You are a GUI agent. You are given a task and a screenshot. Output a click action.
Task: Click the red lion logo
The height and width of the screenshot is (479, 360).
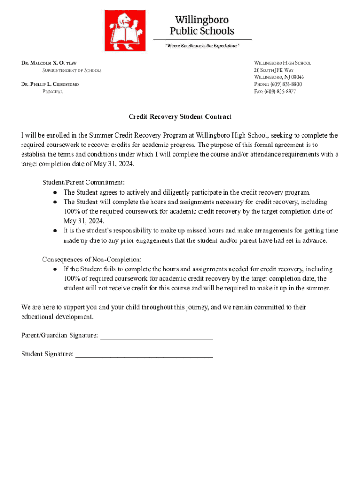tap(124, 31)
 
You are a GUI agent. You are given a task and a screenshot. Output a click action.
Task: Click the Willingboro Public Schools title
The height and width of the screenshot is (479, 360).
tap(202, 25)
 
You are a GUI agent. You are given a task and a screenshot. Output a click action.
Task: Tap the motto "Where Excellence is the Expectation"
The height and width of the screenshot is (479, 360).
tap(202, 45)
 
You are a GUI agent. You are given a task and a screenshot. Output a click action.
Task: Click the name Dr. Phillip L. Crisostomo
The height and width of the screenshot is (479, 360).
tap(50, 84)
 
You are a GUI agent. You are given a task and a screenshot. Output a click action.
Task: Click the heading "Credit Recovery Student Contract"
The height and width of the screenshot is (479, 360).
tap(180, 116)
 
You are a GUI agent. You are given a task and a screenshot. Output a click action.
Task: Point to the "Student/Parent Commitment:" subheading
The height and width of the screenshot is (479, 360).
tap(83, 182)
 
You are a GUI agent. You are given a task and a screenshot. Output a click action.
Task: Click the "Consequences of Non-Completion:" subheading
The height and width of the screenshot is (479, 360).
tap(92, 259)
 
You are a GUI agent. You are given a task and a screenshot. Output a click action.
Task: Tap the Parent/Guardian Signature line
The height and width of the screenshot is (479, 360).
tap(157, 335)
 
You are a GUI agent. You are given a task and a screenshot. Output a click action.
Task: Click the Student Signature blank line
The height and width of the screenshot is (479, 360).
tap(144, 354)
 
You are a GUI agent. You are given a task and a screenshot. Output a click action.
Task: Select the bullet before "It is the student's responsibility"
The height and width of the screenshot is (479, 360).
tap(55, 231)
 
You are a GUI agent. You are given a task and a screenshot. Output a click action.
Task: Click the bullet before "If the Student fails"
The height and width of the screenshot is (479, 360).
tap(55, 269)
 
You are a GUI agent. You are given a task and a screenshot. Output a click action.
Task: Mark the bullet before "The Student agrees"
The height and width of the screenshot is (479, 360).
tap(55, 192)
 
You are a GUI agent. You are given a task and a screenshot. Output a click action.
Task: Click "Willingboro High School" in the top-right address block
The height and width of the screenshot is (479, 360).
tap(282, 63)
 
